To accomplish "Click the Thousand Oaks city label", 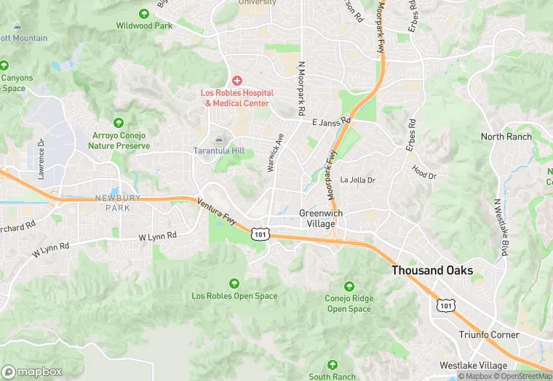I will click(432, 270).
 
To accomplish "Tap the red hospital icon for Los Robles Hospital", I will click(237, 80).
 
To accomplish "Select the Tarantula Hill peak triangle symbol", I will click(219, 139).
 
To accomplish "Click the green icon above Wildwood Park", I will click(143, 13).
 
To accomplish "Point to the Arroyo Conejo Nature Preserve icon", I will click(118, 123).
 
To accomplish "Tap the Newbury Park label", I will click(112, 203).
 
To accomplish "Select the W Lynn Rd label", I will click(158, 237).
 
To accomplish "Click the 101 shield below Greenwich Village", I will click(260, 233).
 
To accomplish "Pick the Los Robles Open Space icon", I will click(234, 284).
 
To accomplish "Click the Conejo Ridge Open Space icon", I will click(349, 286).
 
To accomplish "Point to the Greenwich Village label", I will click(321, 218).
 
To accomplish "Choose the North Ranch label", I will click(506, 137).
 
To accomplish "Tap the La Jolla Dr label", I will click(357, 180).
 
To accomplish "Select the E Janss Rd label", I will click(331, 121).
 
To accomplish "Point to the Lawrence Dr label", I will click(41, 159).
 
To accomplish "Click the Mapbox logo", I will click(32, 372).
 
